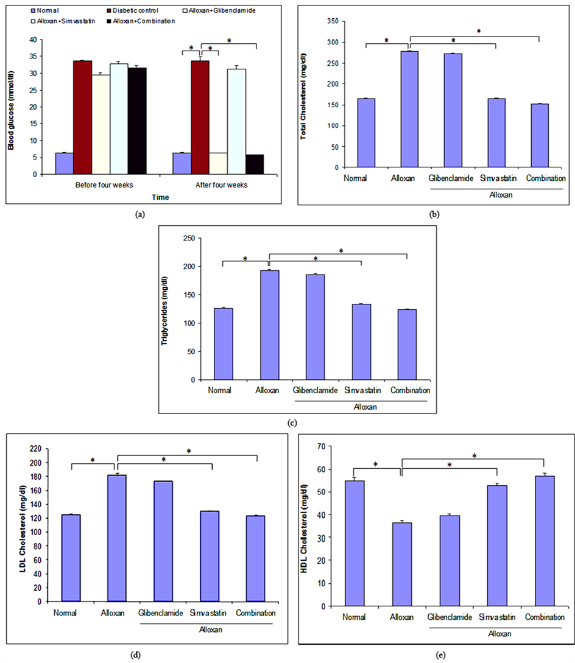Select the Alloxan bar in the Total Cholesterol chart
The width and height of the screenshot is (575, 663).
[x=409, y=109]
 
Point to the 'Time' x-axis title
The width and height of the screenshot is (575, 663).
[x=161, y=197]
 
